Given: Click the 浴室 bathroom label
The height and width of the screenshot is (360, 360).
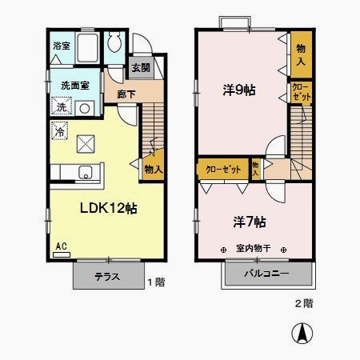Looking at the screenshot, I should (61, 46).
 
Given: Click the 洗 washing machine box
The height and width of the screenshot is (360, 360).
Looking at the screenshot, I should (62, 107).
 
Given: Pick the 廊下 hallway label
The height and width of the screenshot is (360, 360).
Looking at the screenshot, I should (126, 94).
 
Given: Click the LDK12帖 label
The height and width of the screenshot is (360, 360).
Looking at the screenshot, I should (107, 207).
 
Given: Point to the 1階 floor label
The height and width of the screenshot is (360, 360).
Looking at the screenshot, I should (156, 282).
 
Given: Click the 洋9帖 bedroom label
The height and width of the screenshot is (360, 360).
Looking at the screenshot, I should (238, 90).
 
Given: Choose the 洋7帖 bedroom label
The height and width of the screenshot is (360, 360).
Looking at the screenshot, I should (250, 221).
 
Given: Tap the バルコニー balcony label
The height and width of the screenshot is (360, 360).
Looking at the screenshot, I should (267, 277).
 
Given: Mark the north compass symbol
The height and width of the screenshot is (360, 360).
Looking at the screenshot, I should (305, 334).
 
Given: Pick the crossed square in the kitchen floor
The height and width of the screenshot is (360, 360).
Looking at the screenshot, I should (86, 145).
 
